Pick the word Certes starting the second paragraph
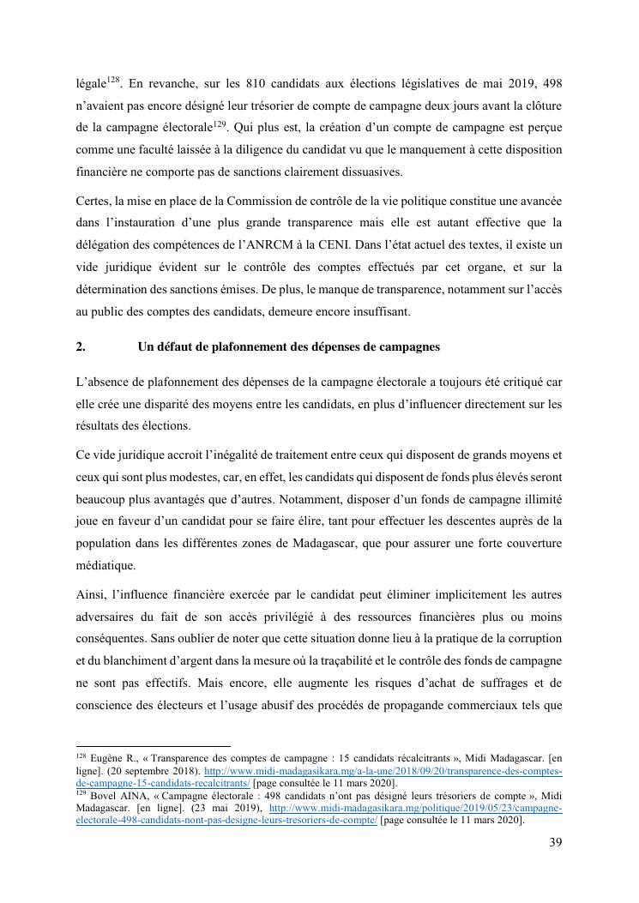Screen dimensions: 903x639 click(x=92, y=201)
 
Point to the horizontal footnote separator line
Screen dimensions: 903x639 click(x=154, y=746)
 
